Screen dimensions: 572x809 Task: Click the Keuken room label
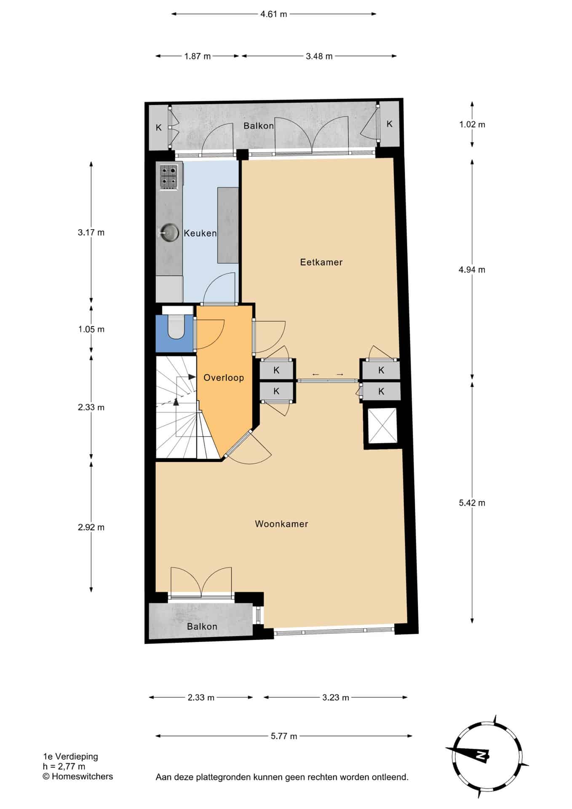[200, 233]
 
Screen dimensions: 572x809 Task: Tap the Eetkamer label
[321, 262]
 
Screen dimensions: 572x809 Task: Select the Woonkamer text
[281, 524]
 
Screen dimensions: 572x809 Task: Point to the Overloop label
[224, 378]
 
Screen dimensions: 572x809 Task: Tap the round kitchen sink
[168, 232]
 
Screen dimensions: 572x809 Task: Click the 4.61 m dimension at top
[273, 14]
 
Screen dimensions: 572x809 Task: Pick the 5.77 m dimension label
[284, 736]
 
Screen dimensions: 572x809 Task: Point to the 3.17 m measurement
[91, 232]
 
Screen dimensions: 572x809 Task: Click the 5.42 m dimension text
[472, 503]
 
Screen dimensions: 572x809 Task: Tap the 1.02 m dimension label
[472, 124]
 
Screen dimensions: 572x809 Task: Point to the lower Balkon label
[202, 627]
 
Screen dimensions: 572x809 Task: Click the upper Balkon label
[259, 126]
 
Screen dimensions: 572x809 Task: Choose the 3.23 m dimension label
[336, 697]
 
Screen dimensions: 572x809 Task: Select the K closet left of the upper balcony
[159, 127]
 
